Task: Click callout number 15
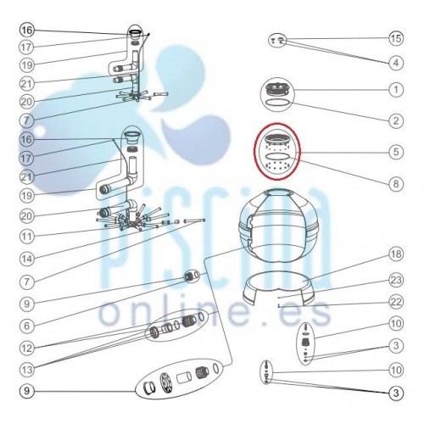pos(396,38)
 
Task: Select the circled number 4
pos(396,63)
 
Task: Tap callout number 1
pos(396,90)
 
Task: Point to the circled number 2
pos(396,120)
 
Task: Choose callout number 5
pos(396,152)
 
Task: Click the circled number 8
pos(396,184)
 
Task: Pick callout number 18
pos(396,254)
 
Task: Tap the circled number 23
pos(396,280)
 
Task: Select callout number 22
pos(396,302)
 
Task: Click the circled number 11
pos(27,237)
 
